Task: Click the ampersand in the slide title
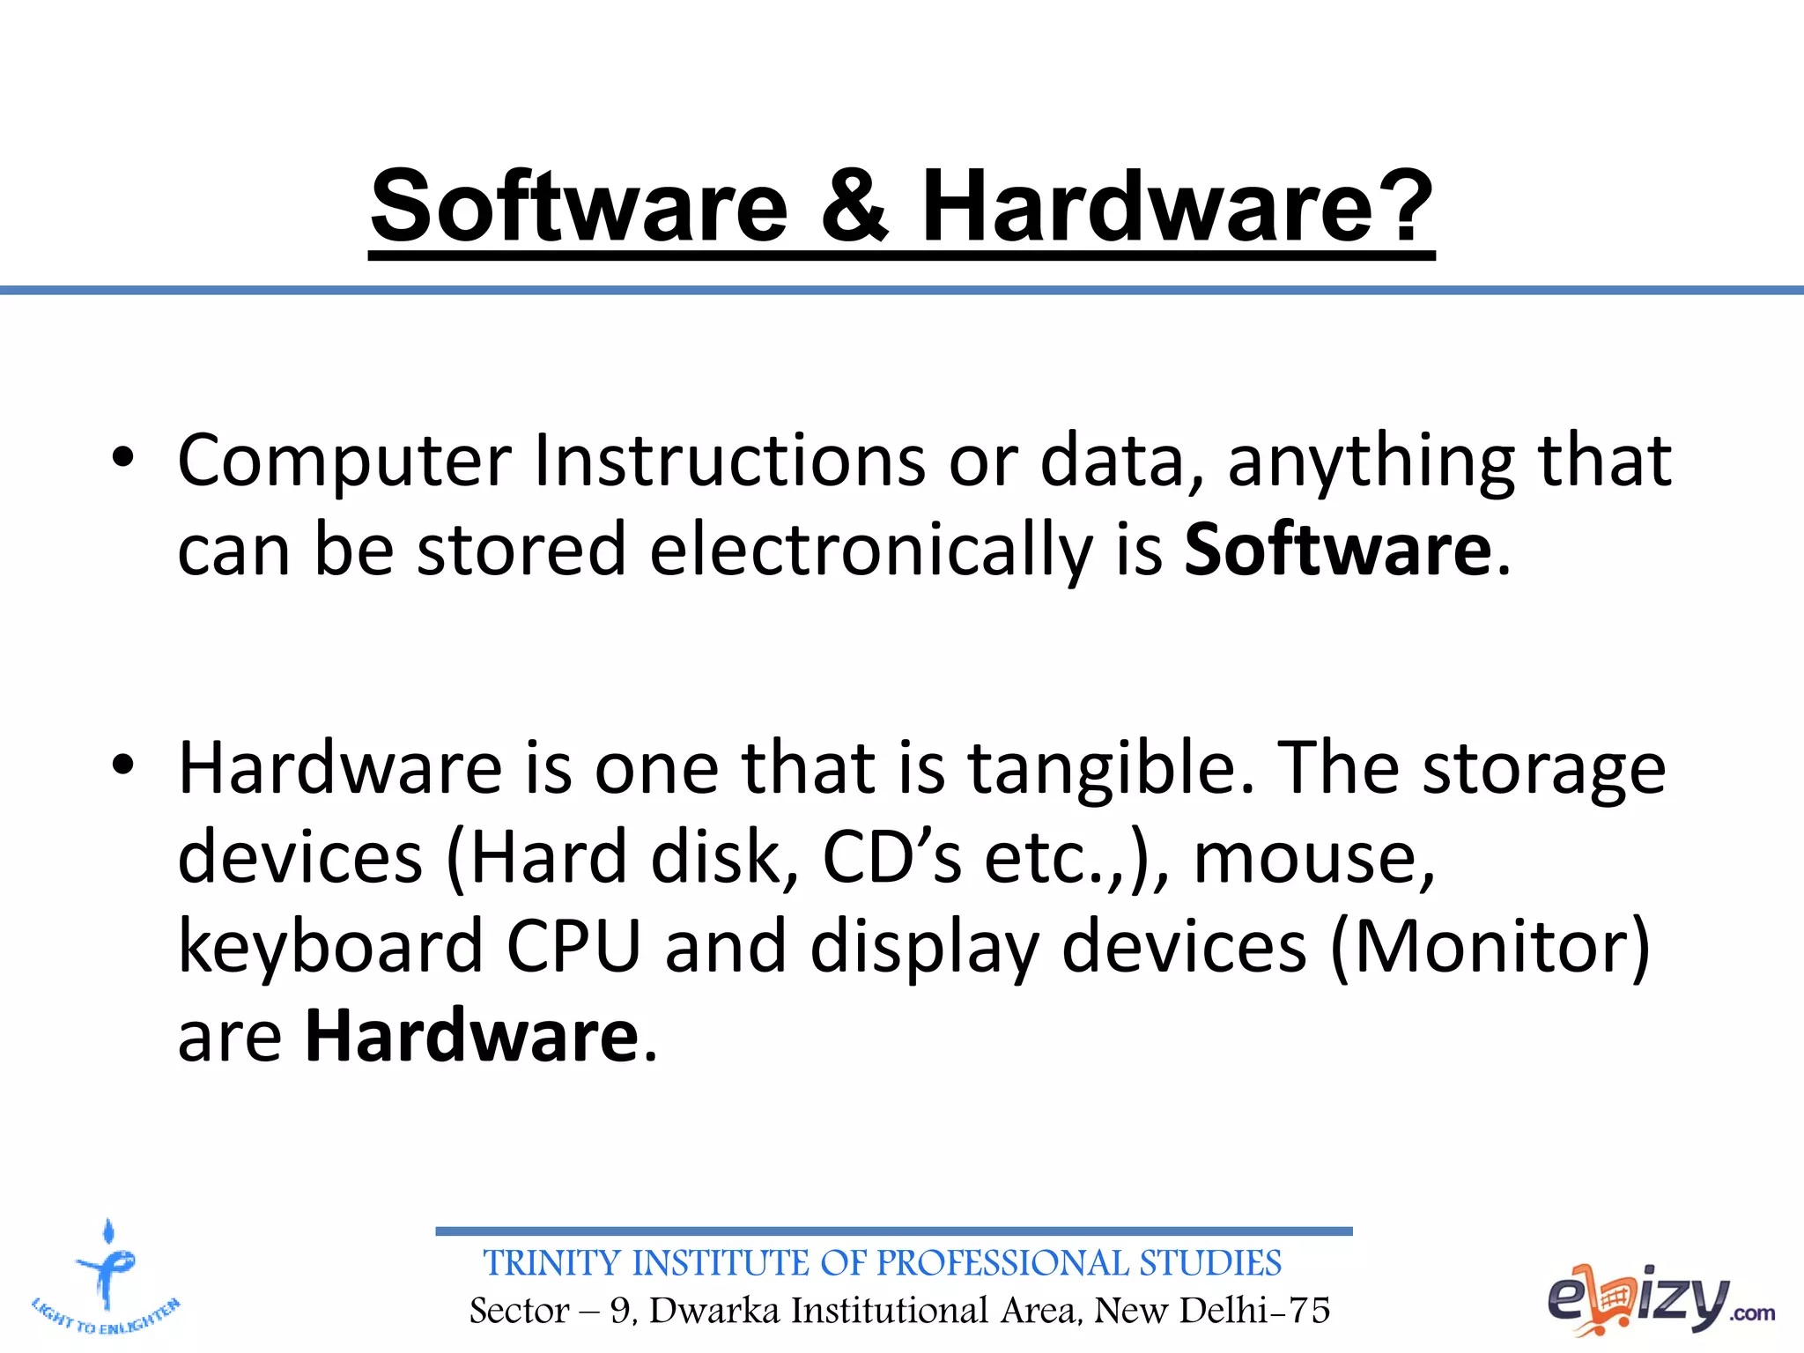click(854, 207)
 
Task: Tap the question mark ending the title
click(1401, 207)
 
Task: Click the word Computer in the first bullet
click(344, 462)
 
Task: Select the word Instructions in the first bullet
click(729, 462)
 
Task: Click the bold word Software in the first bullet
click(1337, 551)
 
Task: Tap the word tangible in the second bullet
click(1110, 768)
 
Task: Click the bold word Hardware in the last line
click(471, 1036)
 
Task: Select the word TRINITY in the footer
click(552, 1263)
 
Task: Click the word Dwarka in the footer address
click(714, 1311)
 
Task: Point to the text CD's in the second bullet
click(891, 858)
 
